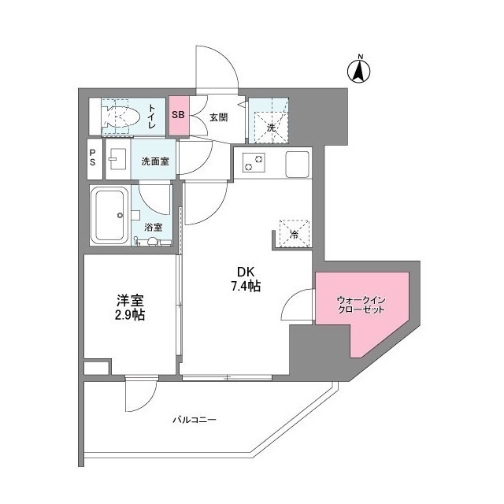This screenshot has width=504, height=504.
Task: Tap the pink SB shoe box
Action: click(x=179, y=116)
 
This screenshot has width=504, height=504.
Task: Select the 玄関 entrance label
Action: click(x=219, y=117)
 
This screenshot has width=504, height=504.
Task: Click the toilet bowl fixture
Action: click(x=120, y=117)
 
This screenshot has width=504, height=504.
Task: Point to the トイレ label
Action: click(x=151, y=117)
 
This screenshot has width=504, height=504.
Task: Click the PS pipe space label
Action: click(x=93, y=157)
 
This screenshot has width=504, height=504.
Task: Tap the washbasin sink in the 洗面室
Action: click(x=117, y=159)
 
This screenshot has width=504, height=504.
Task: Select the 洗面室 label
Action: click(x=155, y=161)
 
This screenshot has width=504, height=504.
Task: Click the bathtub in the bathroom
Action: click(x=110, y=216)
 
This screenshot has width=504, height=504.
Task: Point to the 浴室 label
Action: click(x=153, y=228)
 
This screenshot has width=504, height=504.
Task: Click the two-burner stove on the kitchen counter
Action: click(x=254, y=161)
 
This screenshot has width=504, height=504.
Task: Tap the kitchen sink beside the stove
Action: click(x=298, y=164)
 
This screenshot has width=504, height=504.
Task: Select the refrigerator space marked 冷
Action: click(x=295, y=234)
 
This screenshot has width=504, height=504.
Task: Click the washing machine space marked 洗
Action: click(x=270, y=128)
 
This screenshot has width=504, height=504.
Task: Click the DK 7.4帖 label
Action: click(x=246, y=279)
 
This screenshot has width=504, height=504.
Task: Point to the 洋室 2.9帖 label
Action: click(x=130, y=308)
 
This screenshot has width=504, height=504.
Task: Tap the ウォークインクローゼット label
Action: click(x=361, y=305)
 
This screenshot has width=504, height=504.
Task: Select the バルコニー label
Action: click(x=195, y=420)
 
